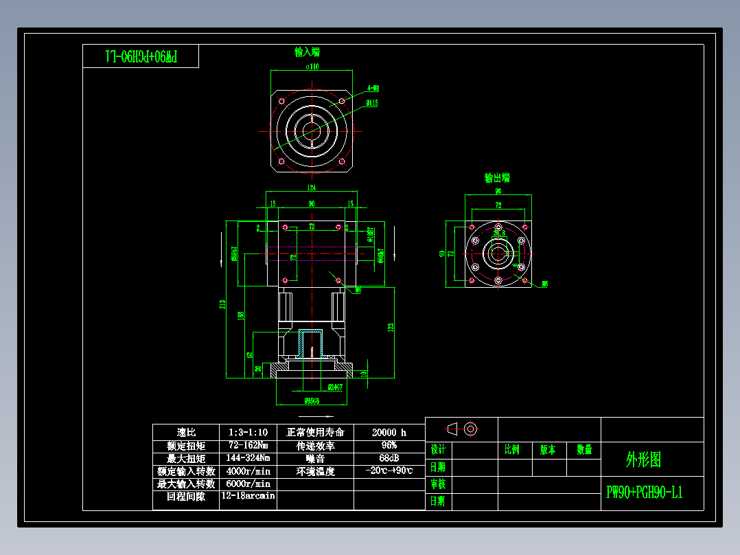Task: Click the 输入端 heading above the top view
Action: (x=307, y=52)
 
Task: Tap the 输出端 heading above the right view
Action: (x=497, y=178)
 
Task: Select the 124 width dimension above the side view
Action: (x=312, y=187)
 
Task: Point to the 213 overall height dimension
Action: (x=222, y=304)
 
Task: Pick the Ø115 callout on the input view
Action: (x=371, y=103)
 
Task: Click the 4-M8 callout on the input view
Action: (x=373, y=88)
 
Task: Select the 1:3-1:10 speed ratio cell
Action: (x=247, y=433)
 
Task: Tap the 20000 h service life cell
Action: (x=389, y=433)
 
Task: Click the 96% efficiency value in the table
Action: (x=389, y=445)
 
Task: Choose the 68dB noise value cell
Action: (x=389, y=458)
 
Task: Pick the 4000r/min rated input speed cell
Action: (x=247, y=471)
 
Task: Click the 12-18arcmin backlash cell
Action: (x=247, y=496)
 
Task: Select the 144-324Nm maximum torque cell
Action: (x=247, y=458)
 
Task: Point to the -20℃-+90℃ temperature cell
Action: (x=389, y=471)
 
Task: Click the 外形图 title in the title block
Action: (x=643, y=460)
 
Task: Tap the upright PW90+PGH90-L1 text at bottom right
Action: (x=644, y=493)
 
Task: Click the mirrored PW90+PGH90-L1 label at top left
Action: (x=141, y=56)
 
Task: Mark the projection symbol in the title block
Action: (x=461, y=429)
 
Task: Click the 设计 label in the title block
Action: (x=438, y=450)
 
